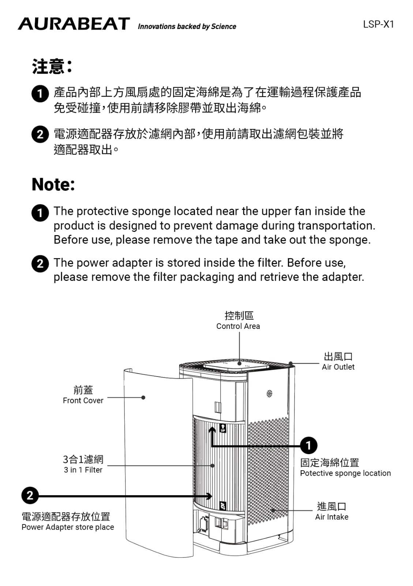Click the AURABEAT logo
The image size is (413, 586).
pos(74,24)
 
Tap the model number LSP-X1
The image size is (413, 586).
pos(378,25)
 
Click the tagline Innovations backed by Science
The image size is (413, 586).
pos(187,26)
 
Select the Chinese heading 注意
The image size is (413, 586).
pos(52,67)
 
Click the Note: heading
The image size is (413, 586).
pos(53,185)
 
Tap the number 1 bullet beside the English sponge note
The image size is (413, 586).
pos(40,212)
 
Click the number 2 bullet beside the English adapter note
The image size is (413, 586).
pos(40,264)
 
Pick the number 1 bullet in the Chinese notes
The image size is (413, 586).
pos(40,93)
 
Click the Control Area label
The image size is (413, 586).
pos(238,326)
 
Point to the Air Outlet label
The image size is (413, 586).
pos(338,367)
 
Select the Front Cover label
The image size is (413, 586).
pos(83,400)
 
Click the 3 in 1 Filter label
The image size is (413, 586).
pos(83,470)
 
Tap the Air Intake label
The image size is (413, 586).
pos(332,517)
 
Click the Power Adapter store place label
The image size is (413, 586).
pos(68,527)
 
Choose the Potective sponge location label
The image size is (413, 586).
pos(345,473)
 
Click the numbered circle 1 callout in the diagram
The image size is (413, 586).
pos(308,445)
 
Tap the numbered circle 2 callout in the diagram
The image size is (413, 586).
pos(30,496)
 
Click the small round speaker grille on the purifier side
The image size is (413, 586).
pos(269,394)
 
